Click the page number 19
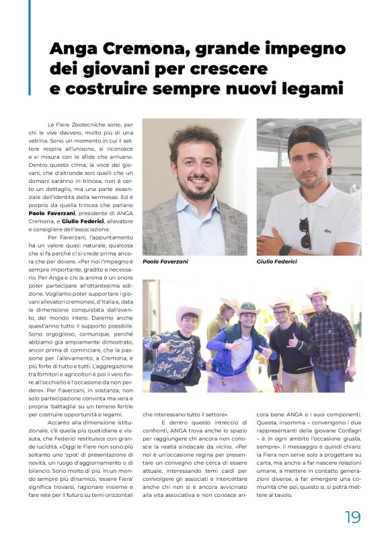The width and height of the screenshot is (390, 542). tap(353, 516)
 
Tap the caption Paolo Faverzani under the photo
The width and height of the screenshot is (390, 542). tap(165, 262)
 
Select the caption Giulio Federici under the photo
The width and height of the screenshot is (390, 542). tap(276, 262)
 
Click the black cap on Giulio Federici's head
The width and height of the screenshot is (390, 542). tap(309, 139)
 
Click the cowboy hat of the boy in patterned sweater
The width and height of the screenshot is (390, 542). tap(188, 313)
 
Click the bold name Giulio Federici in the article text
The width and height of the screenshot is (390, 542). tap(85, 221)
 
